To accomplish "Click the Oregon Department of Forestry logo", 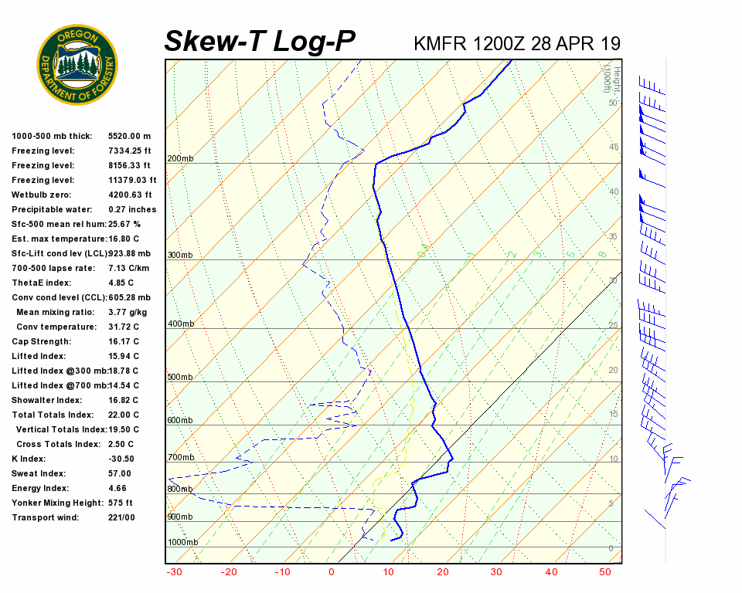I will pyautogui.click(x=77, y=65).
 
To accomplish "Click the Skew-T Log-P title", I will pyautogui.click(x=260, y=42).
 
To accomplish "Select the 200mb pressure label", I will pyautogui.click(x=180, y=159).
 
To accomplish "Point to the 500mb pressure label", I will pyautogui.click(x=180, y=378).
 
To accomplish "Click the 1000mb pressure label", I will pyautogui.click(x=182, y=543).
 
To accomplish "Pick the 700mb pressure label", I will pyautogui.click(x=180, y=458).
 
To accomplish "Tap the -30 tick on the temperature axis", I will pyautogui.click(x=174, y=572).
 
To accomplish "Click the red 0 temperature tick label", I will pyautogui.click(x=332, y=572).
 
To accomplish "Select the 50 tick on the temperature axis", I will pyautogui.click(x=605, y=572).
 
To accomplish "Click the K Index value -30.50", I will pyautogui.click(x=121, y=459).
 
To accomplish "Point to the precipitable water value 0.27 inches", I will pyautogui.click(x=132, y=209).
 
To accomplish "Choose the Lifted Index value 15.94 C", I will pyautogui.click(x=124, y=356).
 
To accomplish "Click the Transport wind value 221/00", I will pyautogui.click(x=121, y=517).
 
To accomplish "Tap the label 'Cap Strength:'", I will pyautogui.click(x=41, y=341).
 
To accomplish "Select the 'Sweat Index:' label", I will pyautogui.click(x=39, y=473).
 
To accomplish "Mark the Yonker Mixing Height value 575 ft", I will pyautogui.click(x=121, y=503).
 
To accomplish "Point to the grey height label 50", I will pyautogui.click(x=612, y=103).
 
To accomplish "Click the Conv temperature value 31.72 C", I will pyautogui.click(x=124, y=327).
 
